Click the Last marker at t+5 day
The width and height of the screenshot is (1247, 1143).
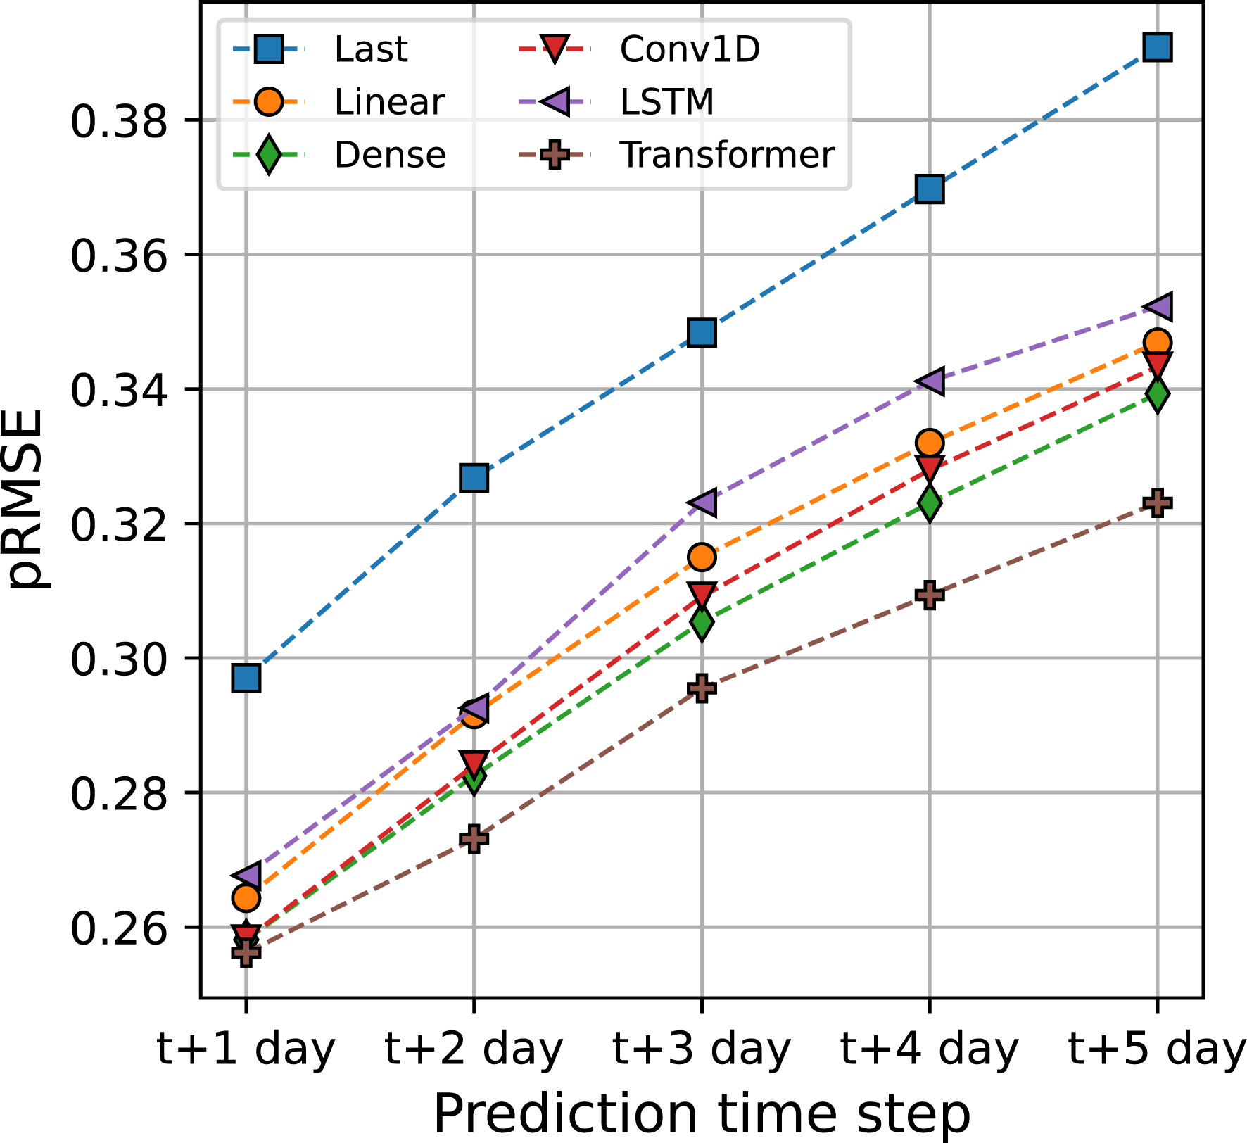point(1157,48)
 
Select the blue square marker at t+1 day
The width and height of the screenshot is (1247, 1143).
point(246,678)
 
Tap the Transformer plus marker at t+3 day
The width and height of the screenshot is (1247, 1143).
point(702,688)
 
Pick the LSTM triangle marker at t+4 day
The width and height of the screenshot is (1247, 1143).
point(929,381)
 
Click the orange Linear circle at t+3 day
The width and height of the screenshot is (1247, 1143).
point(702,557)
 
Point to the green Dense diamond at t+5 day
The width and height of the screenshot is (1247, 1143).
point(1157,393)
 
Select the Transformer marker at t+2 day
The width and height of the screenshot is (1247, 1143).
point(474,838)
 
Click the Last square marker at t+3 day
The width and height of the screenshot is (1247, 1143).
point(702,332)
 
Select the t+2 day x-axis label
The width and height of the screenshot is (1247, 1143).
point(474,1050)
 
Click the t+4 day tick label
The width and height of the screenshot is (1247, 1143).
point(929,1050)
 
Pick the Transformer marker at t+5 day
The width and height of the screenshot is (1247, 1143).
point(1157,503)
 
